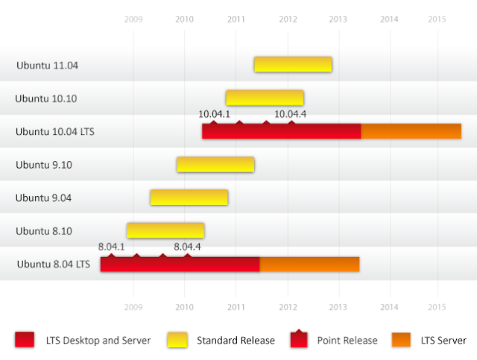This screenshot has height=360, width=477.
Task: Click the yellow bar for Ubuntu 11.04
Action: pos(293,65)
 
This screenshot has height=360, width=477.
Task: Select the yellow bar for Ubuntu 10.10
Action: pos(265,98)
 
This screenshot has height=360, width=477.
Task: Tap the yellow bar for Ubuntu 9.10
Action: pos(215,165)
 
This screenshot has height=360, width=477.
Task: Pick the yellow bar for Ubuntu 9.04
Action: pos(189,198)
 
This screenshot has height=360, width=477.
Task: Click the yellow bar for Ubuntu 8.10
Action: pos(165,230)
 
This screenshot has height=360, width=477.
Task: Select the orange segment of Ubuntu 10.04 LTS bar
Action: pos(411,131)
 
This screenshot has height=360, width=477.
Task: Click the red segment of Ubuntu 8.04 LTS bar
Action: pos(180,265)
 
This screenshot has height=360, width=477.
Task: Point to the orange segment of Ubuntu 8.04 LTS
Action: pos(309,265)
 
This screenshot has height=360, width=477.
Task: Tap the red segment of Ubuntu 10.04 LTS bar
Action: pos(281,131)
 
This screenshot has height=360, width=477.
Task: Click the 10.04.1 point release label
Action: pos(214,114)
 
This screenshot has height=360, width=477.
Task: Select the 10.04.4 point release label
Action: pos(290,114)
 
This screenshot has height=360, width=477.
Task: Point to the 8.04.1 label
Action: pos(111,247)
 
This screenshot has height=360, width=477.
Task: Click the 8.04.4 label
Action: pos(187,247)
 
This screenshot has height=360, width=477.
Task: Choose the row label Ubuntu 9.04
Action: pos(43,198)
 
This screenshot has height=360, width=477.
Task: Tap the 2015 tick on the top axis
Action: pos(437,19)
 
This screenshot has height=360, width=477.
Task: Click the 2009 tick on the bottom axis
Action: pos(133,306)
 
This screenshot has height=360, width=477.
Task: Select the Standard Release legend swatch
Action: pos(179,340)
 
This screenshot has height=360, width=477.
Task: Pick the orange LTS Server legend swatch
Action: pos(402,340)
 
